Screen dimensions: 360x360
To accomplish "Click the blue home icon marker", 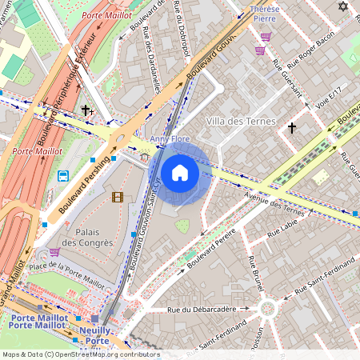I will click(x=180, y=173).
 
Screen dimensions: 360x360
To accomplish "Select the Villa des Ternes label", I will click(x=240, y=122).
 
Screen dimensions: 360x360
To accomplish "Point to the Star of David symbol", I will click(x=344, y=7).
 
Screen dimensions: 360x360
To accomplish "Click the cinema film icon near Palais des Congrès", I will click(x=118, y=197).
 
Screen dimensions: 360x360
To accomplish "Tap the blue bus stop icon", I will click(x=62, y=176).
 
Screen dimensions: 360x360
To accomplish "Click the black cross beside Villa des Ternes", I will click(x=292, y=127).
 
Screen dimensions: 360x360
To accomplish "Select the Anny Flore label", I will click(x=170, y=139).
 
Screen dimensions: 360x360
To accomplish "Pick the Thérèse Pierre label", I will click(x=265, y=14).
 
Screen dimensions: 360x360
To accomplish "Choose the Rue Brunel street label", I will click(x=257, y=274).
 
